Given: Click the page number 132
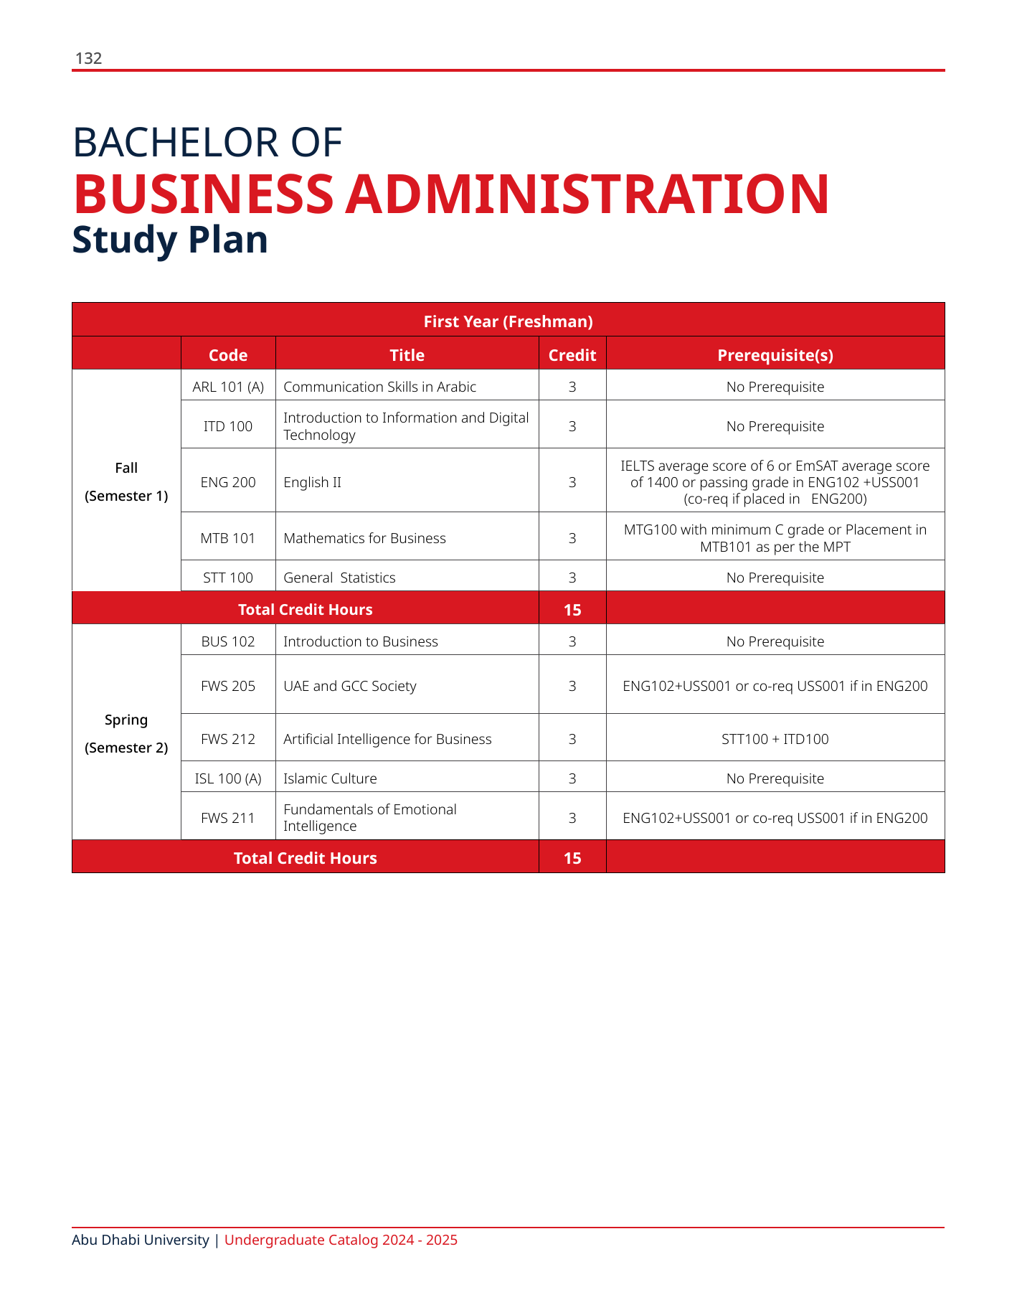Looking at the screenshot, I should coord(89,59).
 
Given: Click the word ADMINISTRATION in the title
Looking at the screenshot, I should coord(587,194).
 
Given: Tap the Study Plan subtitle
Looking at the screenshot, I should coord(170,240).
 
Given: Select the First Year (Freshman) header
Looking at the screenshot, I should coord(508,321).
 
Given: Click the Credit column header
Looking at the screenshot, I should coord(572,355).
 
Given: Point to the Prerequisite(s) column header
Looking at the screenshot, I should coord(775,355).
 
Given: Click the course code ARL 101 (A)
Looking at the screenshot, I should coord(228,387).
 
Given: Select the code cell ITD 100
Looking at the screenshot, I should coord(228,426).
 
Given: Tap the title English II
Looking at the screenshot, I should coord(312,482).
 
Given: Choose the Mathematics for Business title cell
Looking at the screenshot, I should coord(364,538).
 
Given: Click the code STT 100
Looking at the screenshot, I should coord(228,578).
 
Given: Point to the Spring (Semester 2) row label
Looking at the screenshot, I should coord(126,733).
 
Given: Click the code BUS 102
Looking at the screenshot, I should coord(228,641).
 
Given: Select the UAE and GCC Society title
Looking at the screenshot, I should coord(349,686).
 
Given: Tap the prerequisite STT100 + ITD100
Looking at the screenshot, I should coord(775,739).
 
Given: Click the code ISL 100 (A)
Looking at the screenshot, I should coord(228,778).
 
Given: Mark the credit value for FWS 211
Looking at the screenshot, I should coord(572,818).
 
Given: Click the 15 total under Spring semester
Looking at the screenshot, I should coord(572,858).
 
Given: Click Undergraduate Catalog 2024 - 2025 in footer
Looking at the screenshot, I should coord(341,1240).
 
